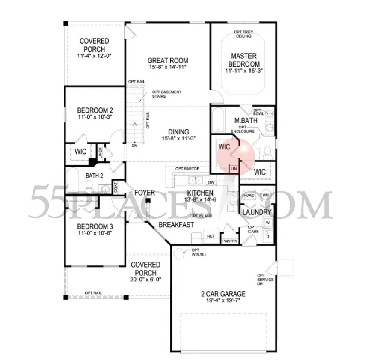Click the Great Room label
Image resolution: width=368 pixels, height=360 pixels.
click(x=168, y=61)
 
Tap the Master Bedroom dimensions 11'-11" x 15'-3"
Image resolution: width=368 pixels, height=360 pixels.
click(x=243, y=71)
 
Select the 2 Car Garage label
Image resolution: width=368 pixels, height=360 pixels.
click(x=223, y=294)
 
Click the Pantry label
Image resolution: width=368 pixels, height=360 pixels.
click(x=230, y=241)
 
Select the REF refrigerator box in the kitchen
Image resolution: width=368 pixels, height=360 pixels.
click(x=211, y=236)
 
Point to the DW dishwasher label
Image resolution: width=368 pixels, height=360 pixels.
click(x=211, y=182)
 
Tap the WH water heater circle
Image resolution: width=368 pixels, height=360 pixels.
click(x=265, y=195)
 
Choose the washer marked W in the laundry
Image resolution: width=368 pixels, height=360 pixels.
click(x=268, y=223)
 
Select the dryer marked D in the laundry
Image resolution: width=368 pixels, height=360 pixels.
click(x=268, y=235)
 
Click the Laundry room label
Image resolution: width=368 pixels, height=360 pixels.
click(x=257, y=212)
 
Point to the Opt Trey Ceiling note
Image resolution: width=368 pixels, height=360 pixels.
click(x=243, y=33)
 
